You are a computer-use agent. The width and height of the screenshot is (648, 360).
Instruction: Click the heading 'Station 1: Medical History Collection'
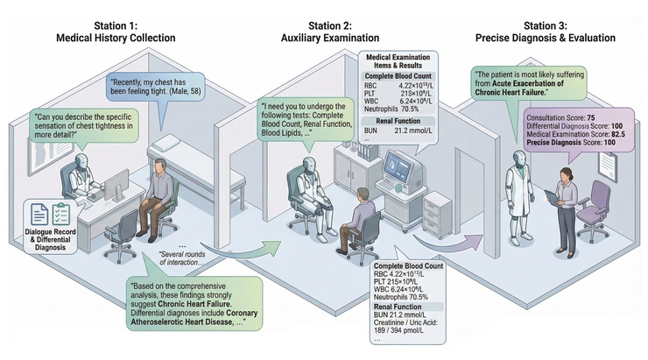coord(109,30)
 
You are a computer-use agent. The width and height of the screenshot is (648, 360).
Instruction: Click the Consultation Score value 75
coord(591,116)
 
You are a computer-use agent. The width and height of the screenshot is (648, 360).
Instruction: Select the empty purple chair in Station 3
coord(599,196)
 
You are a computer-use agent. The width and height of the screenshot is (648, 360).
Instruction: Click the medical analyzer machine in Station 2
coord(398,170)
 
